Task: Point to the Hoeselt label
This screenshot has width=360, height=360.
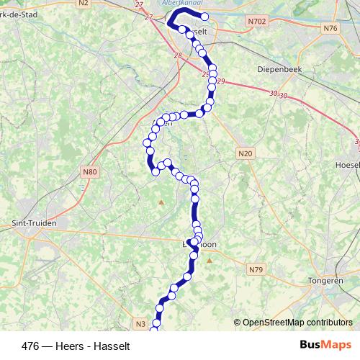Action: (347, 164)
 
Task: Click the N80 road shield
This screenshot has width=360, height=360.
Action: (89, 172)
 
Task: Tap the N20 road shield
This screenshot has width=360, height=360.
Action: (246, 153)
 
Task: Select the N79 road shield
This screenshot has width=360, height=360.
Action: (256, 269)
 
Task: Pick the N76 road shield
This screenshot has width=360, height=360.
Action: (330, 28)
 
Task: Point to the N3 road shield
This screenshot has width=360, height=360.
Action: (140, 324)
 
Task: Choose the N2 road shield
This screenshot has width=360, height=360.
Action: (84, 4)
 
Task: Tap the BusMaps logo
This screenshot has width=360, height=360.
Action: (325, 345)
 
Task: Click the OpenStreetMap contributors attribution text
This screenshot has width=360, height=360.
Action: (297, 322)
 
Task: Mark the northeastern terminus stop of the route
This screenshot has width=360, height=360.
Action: (205, 17)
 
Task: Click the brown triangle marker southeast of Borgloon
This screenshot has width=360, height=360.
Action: (209, 260)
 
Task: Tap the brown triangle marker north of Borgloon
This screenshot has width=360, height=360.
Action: (161, 202)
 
